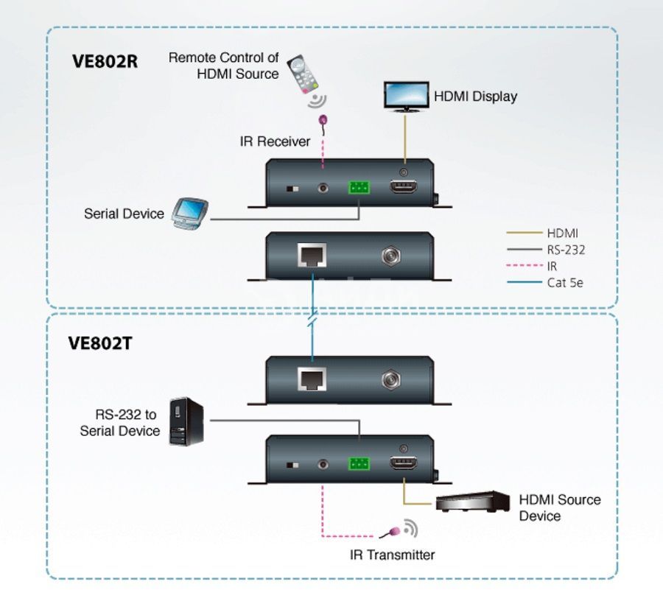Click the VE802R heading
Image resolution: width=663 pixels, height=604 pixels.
pyautogui.click(x=105, y=61)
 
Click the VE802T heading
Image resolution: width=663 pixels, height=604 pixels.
pyautogui.click(x=100, y=343)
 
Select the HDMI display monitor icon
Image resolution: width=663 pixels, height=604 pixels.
pyautogui.click(x=407, y=96)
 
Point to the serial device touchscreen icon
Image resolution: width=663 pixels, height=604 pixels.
pyautogui.click(x=190, y=214)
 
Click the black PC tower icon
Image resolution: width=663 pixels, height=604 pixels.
pyautogui.click(x=186, y=421)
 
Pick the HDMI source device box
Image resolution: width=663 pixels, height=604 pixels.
pyautogui.click(x=473, y=502)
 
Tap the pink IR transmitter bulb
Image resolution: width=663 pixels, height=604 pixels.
pyautogui.click(x=395, y=531)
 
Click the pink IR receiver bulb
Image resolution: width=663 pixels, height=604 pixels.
pyautogui.click(x=323, y=120)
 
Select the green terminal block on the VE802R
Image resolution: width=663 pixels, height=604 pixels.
pyautogui.click(x=359, y=187)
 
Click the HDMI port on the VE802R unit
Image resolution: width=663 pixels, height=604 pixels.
pyautogui.click(x=403, y=186)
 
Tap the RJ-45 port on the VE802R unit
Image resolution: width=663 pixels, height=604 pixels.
pyautogui.click(x=312, y=255)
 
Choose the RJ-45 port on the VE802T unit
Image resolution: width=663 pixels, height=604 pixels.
pyautogui.click(x=312, y=379)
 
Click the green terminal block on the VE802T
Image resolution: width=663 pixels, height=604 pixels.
pyautogui.click(x=359, y=463)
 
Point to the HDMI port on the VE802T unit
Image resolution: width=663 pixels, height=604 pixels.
pyautogui.click(x=403, y=463)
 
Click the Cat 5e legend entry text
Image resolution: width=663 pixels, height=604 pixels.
pyautogui.click(x=565, y=283)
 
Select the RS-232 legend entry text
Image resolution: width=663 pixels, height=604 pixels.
pyautogui.click(x=566, y=250)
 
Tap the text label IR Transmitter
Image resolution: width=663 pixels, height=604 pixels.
pyautogui.click(x=393, y=555)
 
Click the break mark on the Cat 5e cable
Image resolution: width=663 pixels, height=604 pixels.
pyautogui.click(x=312, y=318)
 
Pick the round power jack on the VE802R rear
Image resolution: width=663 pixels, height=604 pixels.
pyautogui.click(x=391, y=256)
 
